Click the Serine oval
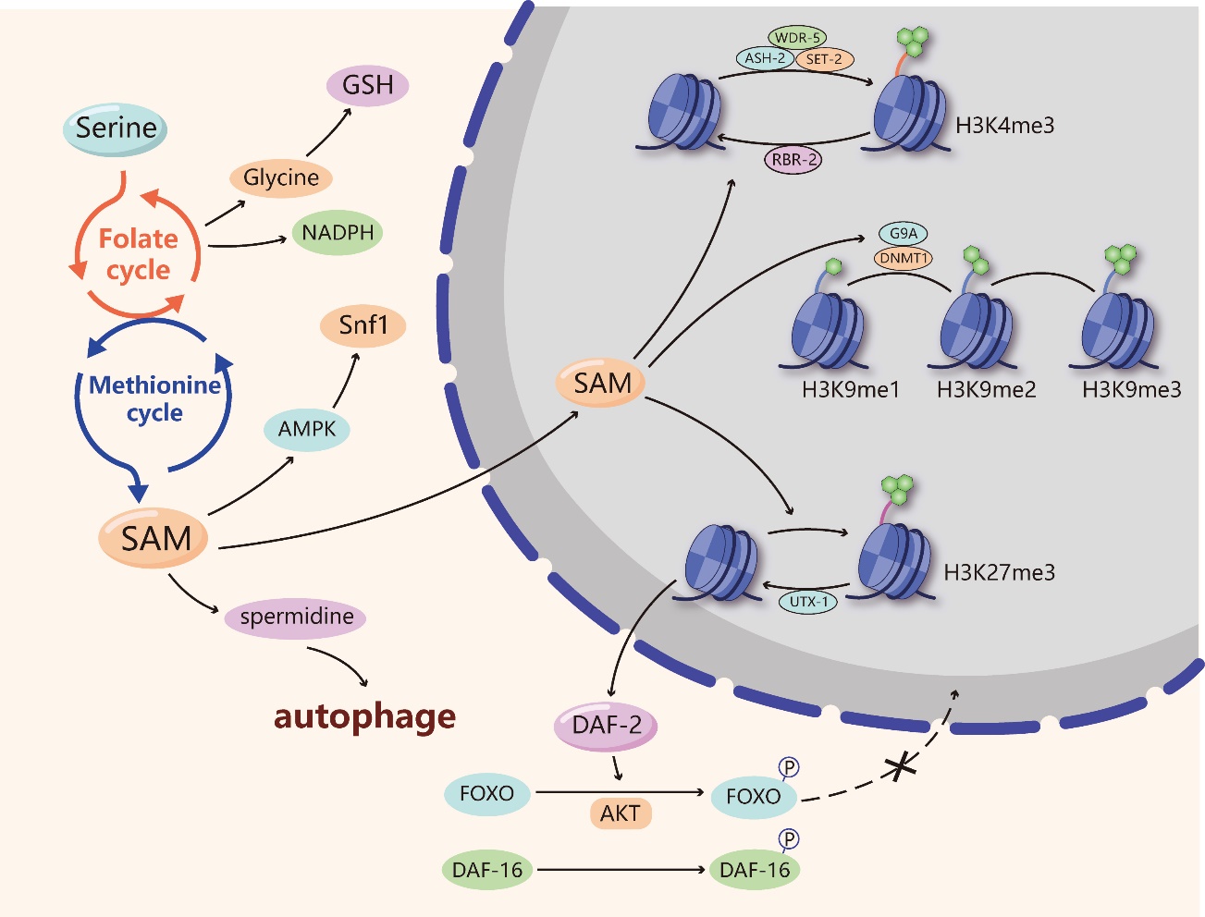pos(116,128)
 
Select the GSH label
pos(367,85)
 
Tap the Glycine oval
pos(280,177)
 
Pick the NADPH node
pos(338,233)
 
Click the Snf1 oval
pos(363,325)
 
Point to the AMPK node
pos(307,429)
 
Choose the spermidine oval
pos(296,617)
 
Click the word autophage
pos(364,716)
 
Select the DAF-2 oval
pos(606,725)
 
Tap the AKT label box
pos(620,813)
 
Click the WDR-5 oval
pos(796,38)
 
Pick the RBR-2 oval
pos(793,159)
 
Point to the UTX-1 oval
pos(807,602)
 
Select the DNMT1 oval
pos(904,258)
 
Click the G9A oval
pos(904,235)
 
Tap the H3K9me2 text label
pos(986,390)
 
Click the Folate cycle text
pos(138,254)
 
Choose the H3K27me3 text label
pos(999,572)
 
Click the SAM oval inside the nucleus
pos(602,383)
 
